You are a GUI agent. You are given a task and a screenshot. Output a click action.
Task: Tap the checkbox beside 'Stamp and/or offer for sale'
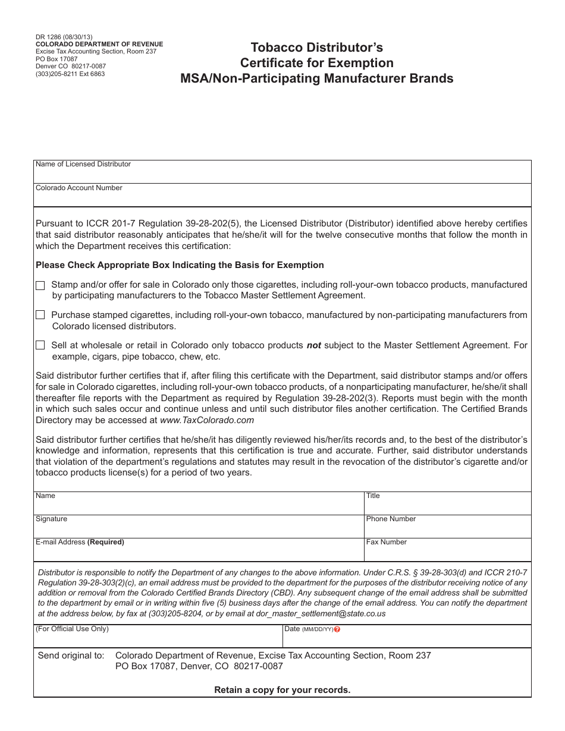click(x=40, y=286)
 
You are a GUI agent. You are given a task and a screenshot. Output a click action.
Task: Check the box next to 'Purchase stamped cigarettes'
click(x=40, y=315)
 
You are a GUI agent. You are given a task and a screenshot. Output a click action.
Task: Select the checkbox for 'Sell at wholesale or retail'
click(x=40, y=345)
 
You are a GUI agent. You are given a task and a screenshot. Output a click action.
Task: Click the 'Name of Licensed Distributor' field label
click(x=83, y=164)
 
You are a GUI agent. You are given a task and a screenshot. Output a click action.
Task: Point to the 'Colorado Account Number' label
click(x=79, y=188)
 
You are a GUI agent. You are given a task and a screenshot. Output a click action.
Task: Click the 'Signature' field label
click(x=51, y=519)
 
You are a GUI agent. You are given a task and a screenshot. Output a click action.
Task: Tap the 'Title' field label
click(x=373, y=496)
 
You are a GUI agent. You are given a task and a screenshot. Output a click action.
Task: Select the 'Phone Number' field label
click(x=391, y=519)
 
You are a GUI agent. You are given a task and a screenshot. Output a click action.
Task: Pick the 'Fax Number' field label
click(x=387, y=542)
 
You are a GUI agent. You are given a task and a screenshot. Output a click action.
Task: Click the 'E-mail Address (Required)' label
click(x=80, y=542)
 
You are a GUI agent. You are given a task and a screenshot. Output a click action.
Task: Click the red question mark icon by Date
click(x=337, y=629)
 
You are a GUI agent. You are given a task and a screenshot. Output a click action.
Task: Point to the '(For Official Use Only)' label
click(x=72, y=629)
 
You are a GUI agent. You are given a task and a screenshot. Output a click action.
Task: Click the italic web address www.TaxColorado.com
click(x=207, y=420)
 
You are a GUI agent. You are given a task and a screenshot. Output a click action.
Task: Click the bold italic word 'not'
click(x=313, y=345)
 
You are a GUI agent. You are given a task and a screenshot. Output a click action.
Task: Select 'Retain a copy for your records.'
click(x=282, y=690)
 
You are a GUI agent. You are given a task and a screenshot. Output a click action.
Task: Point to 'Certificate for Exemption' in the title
click(x=316, y=63)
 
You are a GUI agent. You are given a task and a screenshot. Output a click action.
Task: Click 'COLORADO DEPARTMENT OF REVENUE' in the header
click(x=99, y=45)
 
